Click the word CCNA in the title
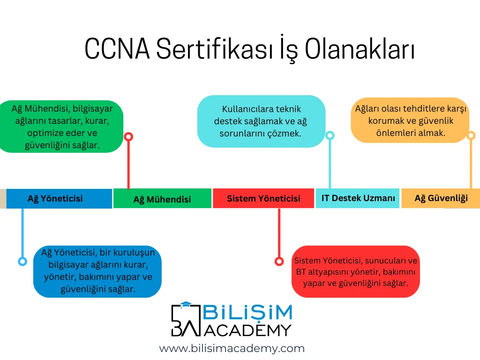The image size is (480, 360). point(117,48)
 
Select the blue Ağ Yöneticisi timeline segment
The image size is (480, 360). point(59,199)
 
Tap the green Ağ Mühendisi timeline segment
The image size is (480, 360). point(162,198)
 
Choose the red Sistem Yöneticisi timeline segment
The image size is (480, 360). point(263,198)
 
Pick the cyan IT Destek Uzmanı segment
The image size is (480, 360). point(358,198)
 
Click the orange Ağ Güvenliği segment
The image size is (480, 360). point(441,198)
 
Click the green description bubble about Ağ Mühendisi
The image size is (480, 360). point(61,127)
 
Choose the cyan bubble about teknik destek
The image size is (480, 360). point(261,121)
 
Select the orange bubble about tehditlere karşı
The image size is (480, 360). point(410,120)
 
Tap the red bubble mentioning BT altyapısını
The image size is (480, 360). point(355,271)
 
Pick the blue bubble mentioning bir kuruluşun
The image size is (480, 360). point(97,271)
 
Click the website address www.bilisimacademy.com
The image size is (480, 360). point(232,348)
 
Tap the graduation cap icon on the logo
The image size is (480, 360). point(186,305)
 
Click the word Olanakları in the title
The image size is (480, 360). point(360,48)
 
